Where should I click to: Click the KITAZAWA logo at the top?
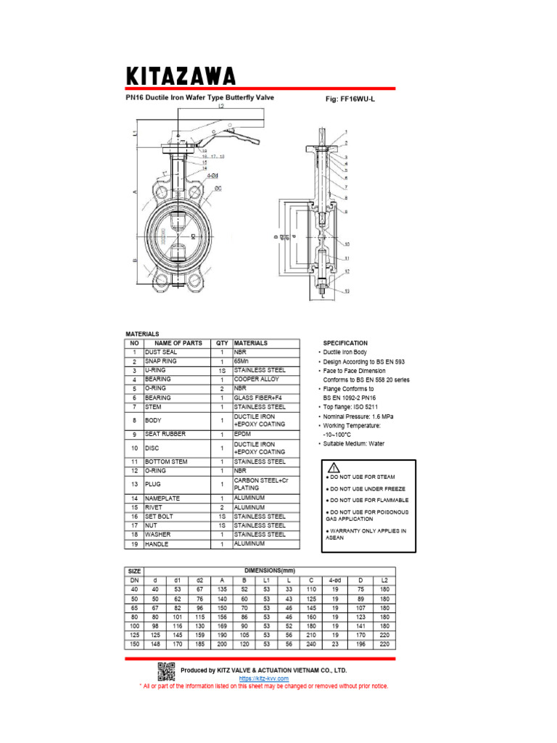[x=181, y=75]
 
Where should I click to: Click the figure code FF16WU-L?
[x=350, y=99]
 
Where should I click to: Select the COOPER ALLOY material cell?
[x=257, y=379]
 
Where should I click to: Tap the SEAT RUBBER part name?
[x=165, y=434]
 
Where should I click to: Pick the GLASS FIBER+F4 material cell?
[x=260, y=398]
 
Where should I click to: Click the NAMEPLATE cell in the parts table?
[x=164, y=498]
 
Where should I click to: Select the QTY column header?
[x=221, y=343]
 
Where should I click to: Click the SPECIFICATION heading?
[x=345, y=343]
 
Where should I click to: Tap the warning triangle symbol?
[x=334, y=467]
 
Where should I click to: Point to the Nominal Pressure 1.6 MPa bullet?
[x=358, y=416]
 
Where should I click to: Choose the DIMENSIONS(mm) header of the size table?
[x=271, y=570]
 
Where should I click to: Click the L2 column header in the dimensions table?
[x=384, y=580]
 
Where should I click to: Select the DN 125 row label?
[x=134, y=635]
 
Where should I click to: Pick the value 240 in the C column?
[x=310, y=644]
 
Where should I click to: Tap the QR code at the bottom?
[x=167, y=671]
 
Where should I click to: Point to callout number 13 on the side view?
[x=347, y=290]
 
